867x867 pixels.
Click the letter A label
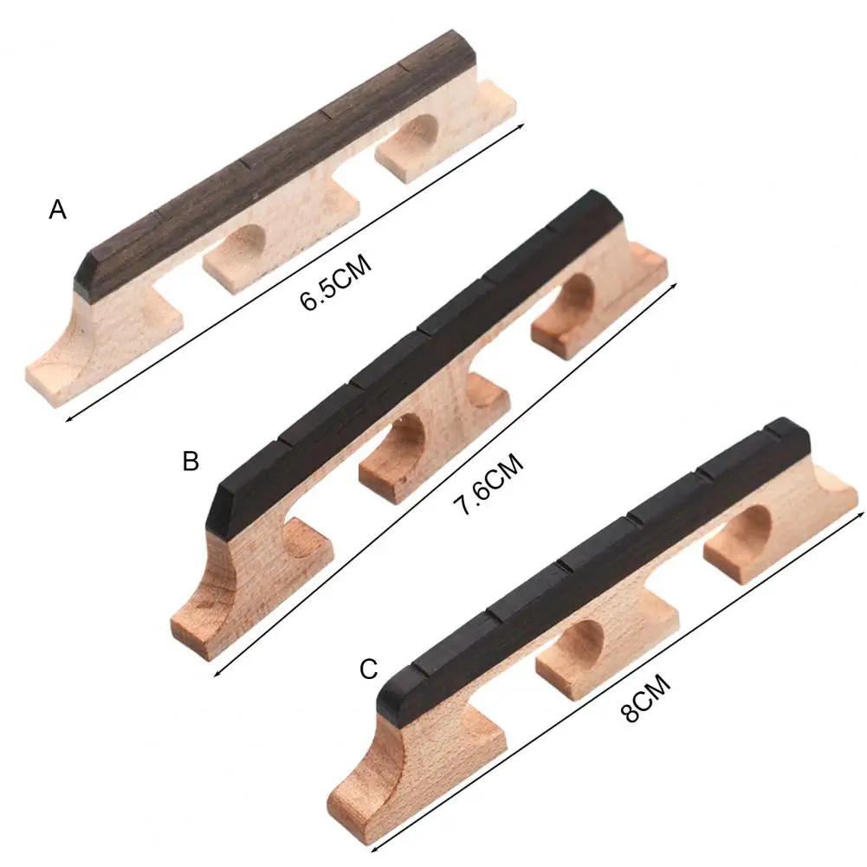click(x=57, y=210)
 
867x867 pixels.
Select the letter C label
click(x=369, y=669)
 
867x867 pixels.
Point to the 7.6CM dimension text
click(x=490, y=487)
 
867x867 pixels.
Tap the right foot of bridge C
click(x=762, y=541)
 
